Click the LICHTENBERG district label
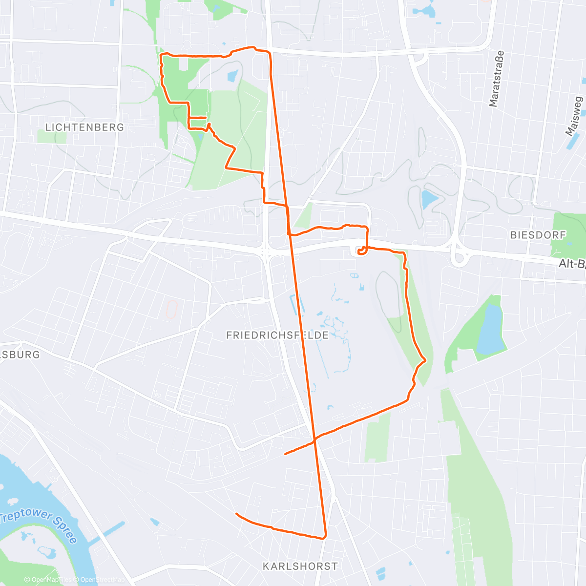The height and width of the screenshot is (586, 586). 84,127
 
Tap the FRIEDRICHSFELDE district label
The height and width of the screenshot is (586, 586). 277,335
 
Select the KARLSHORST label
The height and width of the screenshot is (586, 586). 300,566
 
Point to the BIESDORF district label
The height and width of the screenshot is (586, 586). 538,235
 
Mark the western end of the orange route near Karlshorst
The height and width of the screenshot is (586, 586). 236,514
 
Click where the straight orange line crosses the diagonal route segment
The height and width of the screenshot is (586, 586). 315,439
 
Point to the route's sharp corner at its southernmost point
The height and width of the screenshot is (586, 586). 324,538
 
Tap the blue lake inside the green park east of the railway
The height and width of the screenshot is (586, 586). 490,328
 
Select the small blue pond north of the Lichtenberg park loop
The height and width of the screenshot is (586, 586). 232,76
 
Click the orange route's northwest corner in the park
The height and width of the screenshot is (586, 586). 161,56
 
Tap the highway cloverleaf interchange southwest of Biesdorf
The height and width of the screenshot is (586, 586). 459,254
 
